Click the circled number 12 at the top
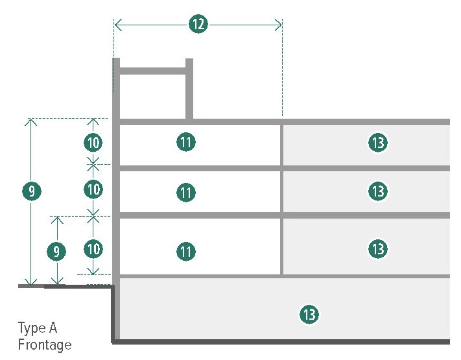(198, 25)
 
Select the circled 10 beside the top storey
(93, 141)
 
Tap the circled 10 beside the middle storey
(93, 189)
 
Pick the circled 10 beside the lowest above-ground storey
(93, 248)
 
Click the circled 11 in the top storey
(186, 141)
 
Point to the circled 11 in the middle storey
(186, 192)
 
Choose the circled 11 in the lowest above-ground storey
(186, 251)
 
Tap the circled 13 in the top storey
(377, 142)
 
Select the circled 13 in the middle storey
(377, 191)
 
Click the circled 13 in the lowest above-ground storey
(377, 248)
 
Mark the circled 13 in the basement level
(309, 315)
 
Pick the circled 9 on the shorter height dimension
(58, 250)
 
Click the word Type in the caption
(32, 328)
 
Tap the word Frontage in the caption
(45, 344)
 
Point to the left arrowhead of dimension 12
(117, 25)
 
